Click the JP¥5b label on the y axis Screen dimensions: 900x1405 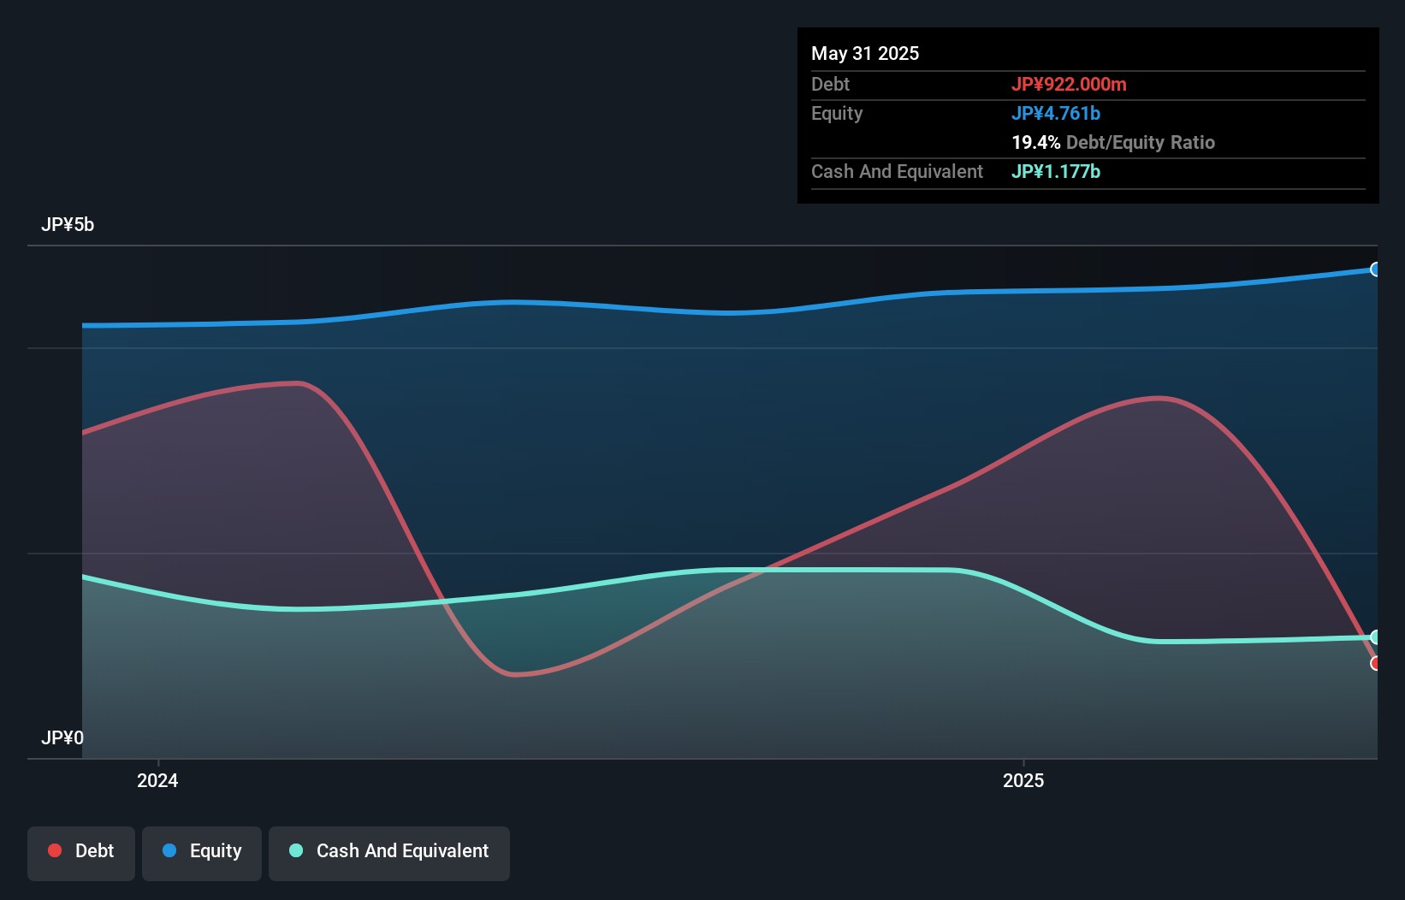click(68, 225)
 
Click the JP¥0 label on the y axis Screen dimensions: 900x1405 click(62, 737)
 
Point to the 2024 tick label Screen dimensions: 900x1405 click(157, 780)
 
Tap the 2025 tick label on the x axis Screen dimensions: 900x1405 click(1023, 780)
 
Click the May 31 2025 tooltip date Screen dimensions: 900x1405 click(865, 53)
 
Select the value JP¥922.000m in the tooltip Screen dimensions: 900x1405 click(1069, 84)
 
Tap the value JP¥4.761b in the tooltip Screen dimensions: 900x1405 click(1056, 113)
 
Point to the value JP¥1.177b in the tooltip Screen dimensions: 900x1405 click(1056, 171)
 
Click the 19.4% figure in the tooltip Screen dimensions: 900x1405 click(1035, 142)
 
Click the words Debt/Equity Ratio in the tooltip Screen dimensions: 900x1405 click(1141, 142)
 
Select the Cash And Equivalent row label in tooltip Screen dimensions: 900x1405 click(897, 171)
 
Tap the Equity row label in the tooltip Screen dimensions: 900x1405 click(837, 113)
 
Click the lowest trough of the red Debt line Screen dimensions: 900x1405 click(514, 674)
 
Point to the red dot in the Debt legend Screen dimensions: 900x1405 click(55, 850)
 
